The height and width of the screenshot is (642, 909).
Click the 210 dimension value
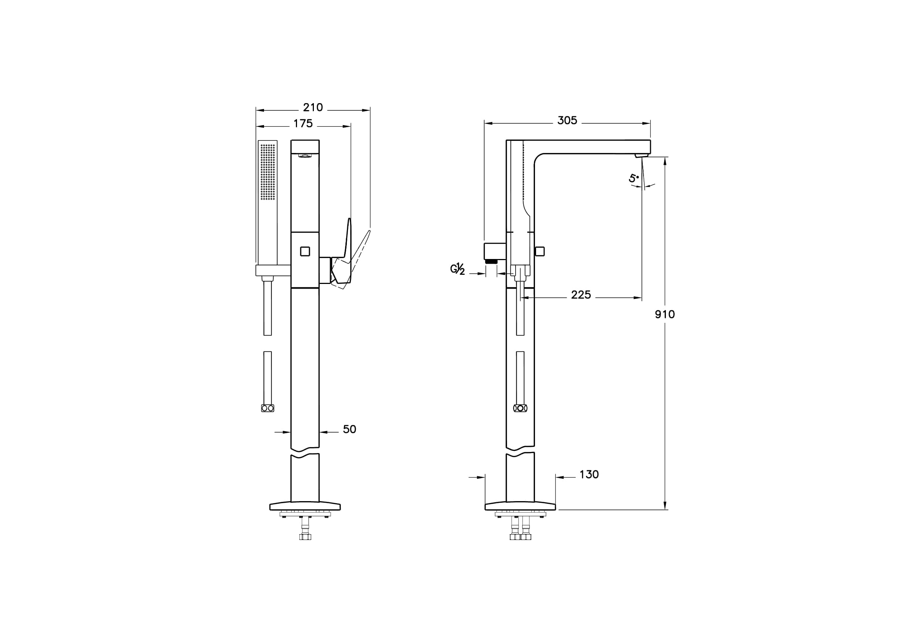point(313,107)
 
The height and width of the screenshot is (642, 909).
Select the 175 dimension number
point(303,124)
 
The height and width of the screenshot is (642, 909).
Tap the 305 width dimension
point(567,120)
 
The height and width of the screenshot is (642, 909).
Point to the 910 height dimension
point(665,314)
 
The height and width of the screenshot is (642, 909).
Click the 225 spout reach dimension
point(581,295)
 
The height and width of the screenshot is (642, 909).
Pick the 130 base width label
point(589,474)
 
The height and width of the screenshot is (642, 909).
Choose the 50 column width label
point(349,429)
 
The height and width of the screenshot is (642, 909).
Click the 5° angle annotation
point(634,178)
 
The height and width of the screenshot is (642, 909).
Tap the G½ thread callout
point(458,269)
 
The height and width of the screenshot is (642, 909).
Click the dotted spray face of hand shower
point(268,171)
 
